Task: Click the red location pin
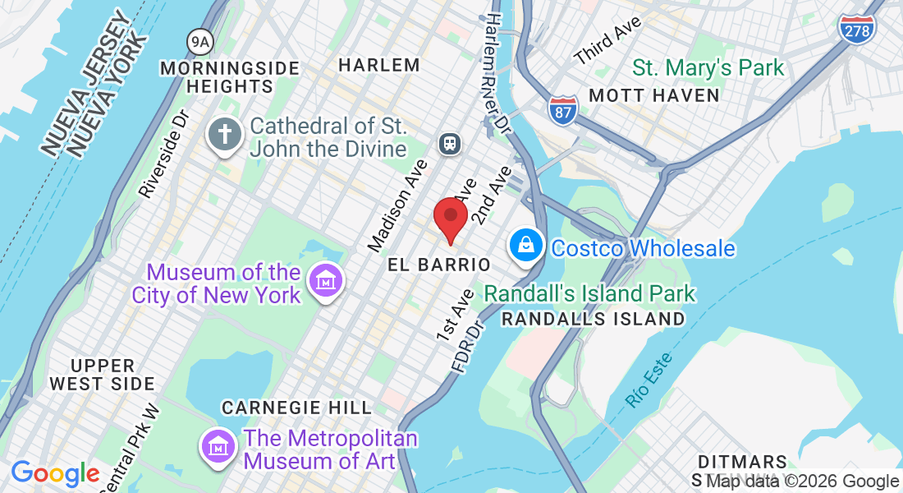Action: (451, 217)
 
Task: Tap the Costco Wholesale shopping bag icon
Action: (524, 245)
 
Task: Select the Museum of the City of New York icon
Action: (326, 281)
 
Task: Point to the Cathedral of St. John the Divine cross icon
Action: (223, 135)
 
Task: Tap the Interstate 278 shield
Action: (856, 28)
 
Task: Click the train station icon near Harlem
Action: (450, 143)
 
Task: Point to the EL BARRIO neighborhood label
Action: (439, 265)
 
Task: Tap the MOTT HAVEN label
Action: (654, 95)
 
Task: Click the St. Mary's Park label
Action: (708, 67)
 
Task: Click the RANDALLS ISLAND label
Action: (593, 318)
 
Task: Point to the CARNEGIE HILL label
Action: (296, 407)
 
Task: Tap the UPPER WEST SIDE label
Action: (102, 375)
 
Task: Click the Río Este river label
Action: (649, 380)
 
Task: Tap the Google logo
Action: (55, 473)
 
